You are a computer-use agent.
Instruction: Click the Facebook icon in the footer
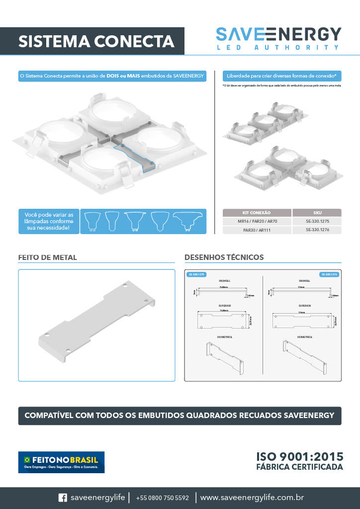(x=63, y=498)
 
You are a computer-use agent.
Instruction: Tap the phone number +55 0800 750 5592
(x=162, y=498)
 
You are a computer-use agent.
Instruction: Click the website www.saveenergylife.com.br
(x=252, y=498)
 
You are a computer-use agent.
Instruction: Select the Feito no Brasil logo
(x=61, y=462)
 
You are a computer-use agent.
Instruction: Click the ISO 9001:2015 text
(x=299, y=457)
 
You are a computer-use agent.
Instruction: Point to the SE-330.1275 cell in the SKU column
(x=317, y=221)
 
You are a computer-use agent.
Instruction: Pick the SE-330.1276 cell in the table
(x=317, y=230)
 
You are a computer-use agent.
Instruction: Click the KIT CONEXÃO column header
(x=257, y=212)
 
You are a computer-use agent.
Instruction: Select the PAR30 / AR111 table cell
(x=257, y=230)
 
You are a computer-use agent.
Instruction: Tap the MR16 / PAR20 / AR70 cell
(x=257, y=221)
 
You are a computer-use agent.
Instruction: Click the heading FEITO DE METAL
(x=48, y=257)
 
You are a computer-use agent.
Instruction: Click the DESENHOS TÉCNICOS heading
(x=224, y=257)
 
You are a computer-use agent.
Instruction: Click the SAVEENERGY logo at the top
(x=278, y=38)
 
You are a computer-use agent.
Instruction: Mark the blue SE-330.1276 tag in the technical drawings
(x=329, y=274)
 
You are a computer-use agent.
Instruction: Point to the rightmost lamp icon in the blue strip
(x=189, y=221)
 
